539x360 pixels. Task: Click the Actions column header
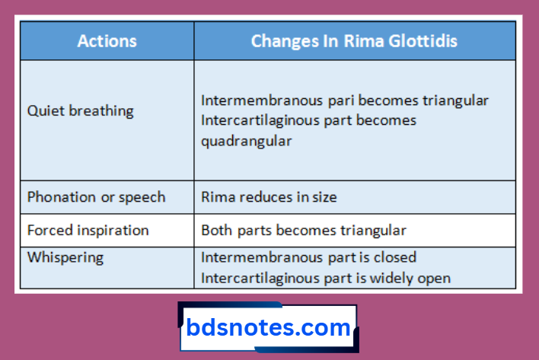tap(107, 41)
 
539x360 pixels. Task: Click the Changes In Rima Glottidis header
tap(354, 41)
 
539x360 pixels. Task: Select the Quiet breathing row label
tap(80, 111)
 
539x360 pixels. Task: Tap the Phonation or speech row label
tap(96, 197)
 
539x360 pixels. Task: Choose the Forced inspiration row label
tap(88, 230)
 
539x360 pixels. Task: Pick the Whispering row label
tap(65, 257)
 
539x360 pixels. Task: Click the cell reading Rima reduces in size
tap(269, 197)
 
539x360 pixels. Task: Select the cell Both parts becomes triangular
tap(303, 230)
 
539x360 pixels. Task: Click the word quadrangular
tap(246, 141)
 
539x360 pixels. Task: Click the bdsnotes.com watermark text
tap(268, 329)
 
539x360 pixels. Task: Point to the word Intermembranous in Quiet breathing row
tap(248, 100)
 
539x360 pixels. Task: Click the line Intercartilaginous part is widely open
tap(325, 278)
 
